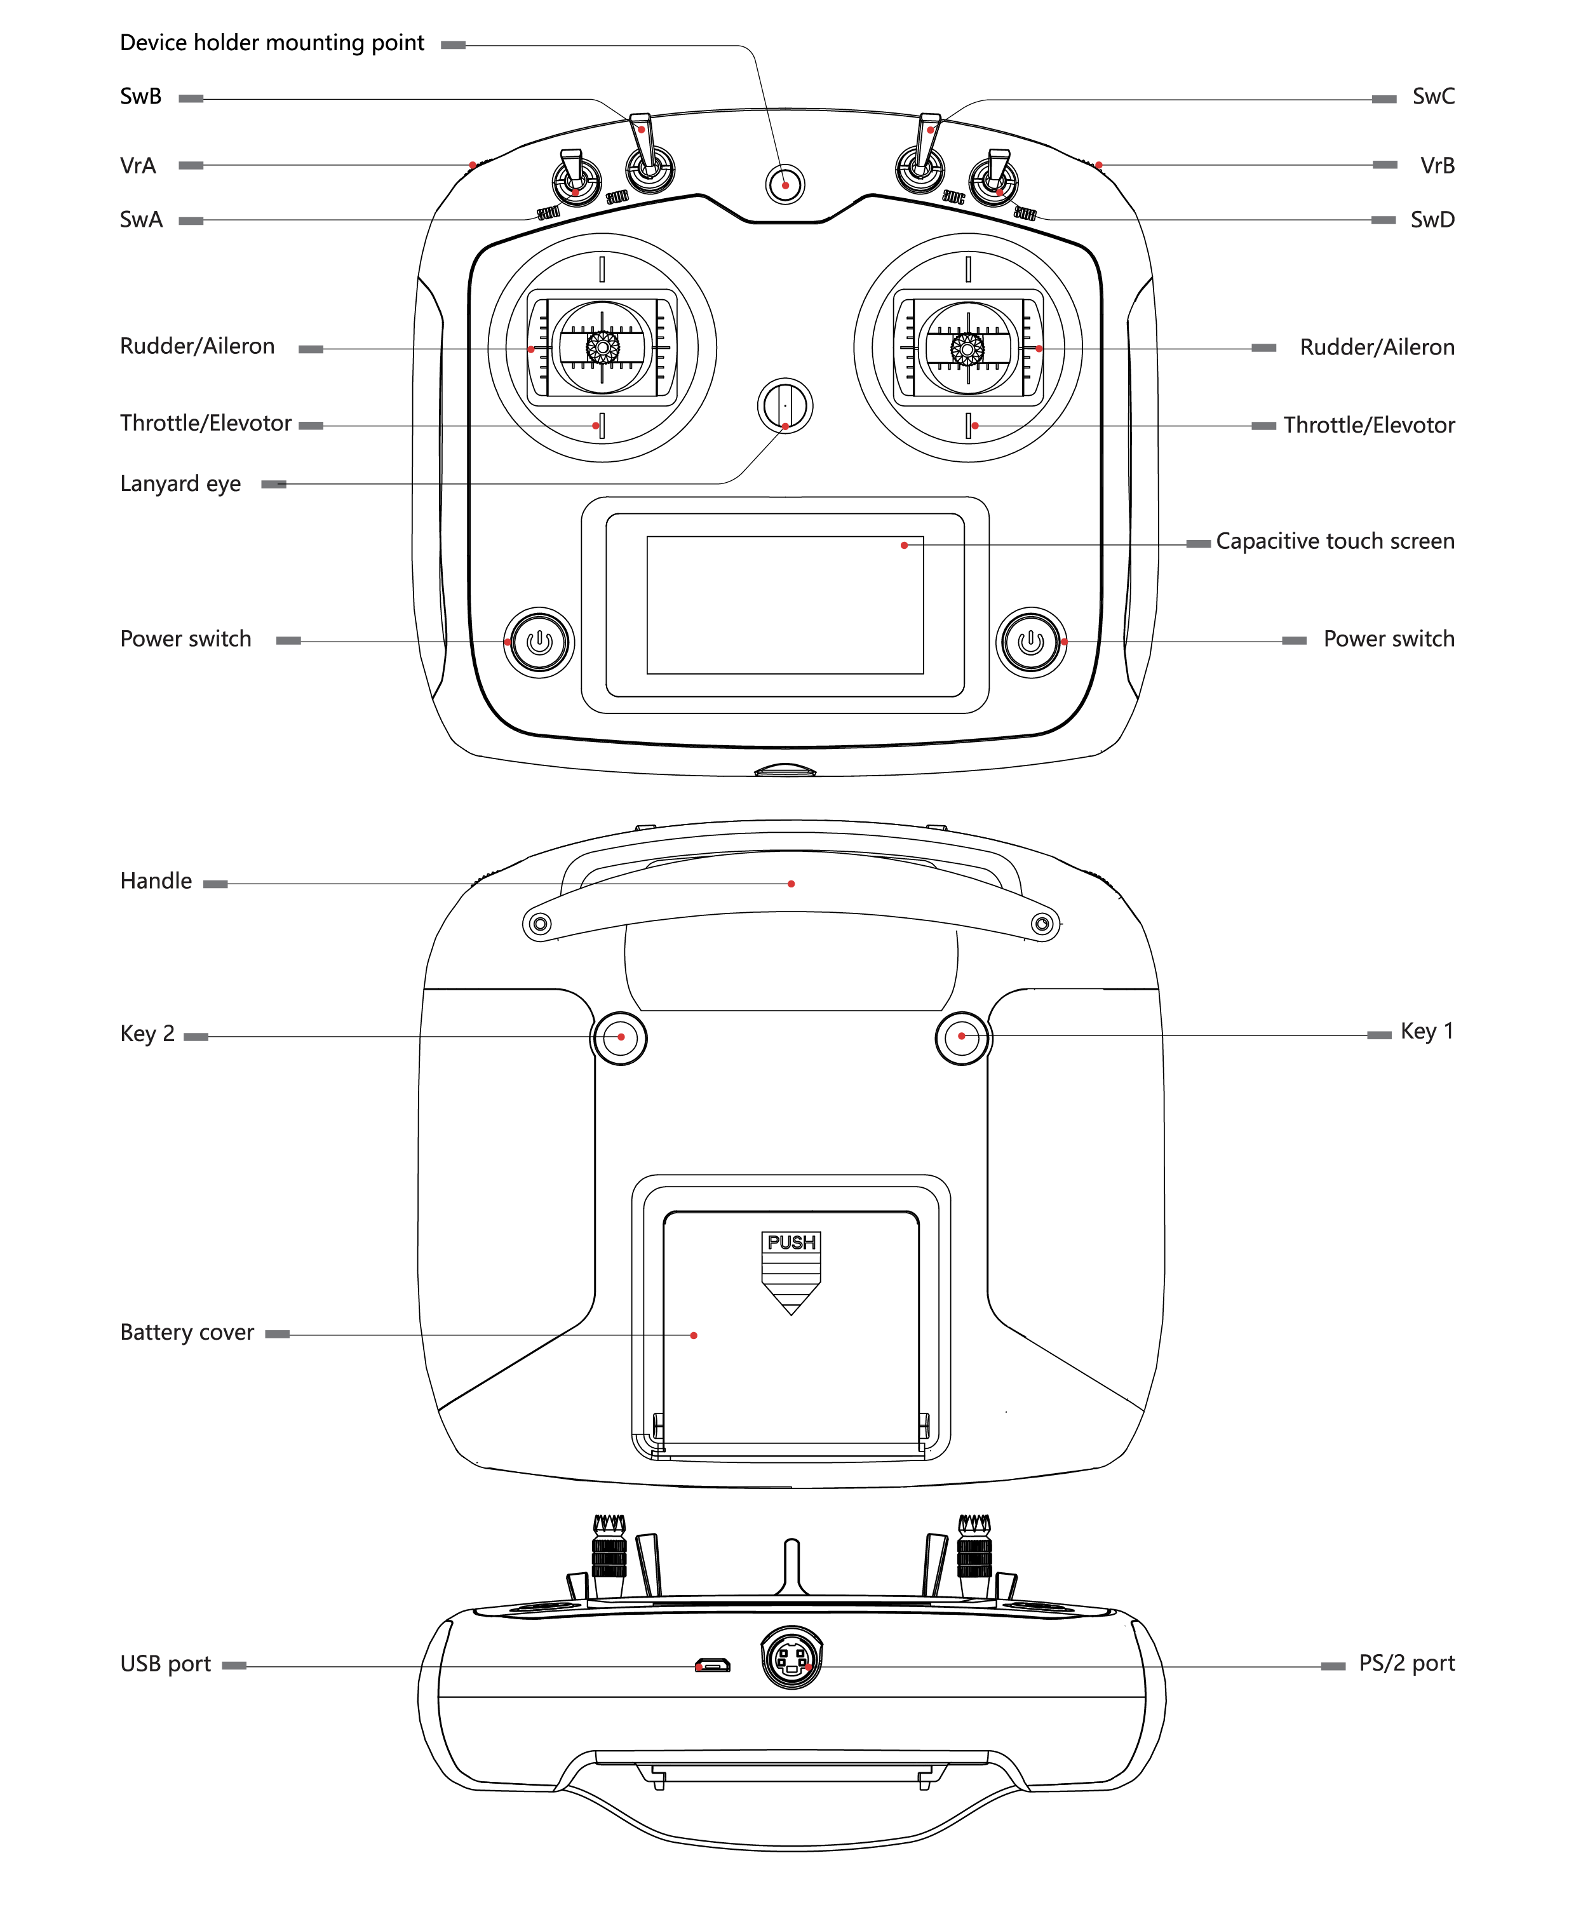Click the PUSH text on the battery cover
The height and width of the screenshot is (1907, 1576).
click(791, 1243)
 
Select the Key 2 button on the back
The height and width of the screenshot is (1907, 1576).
click(619, 1037)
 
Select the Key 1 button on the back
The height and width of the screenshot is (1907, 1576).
click(962, 1037)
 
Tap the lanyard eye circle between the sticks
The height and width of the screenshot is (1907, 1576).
click(785, 406)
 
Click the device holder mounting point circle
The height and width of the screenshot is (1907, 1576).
click(785, 184)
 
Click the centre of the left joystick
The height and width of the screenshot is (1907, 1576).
click(602, 347)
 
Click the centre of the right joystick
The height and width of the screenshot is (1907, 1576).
click(967, 347)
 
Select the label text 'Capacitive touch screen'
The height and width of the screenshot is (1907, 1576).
click(1335, 541)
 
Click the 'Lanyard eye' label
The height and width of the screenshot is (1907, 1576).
click(180, 484)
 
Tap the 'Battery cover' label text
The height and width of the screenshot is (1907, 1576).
click(187, 1333)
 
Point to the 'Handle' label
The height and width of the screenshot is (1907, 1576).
click(156, 881)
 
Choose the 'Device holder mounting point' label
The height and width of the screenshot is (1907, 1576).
click(273, 43)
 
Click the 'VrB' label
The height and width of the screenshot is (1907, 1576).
click(1437, 165)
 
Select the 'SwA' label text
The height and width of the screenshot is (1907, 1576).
click(142, 220)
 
